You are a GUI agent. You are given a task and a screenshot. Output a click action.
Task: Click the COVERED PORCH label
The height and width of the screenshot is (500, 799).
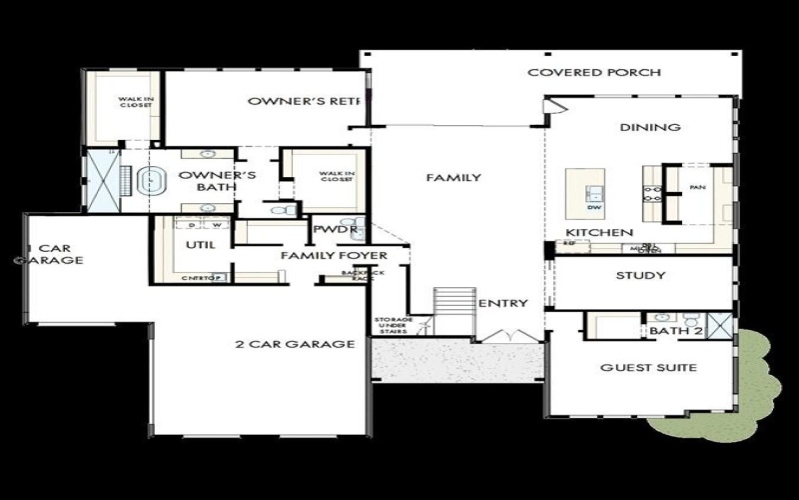tap(594, 72)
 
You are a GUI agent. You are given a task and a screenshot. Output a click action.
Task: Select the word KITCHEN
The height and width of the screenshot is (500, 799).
tap(599, 232)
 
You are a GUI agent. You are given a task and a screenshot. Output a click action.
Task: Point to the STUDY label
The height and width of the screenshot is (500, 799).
tap(640, 275)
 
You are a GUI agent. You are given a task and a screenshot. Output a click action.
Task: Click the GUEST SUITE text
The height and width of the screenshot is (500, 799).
tap(648, 367)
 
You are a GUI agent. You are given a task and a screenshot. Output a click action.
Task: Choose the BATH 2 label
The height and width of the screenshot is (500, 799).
tap(676, 330)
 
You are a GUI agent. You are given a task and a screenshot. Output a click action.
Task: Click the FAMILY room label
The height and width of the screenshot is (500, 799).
tap(453, 178)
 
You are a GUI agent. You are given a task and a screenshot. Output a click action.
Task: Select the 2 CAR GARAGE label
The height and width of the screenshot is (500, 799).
tap(296, 344)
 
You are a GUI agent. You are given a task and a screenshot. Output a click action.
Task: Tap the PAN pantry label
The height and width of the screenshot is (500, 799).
tap(698, 187)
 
